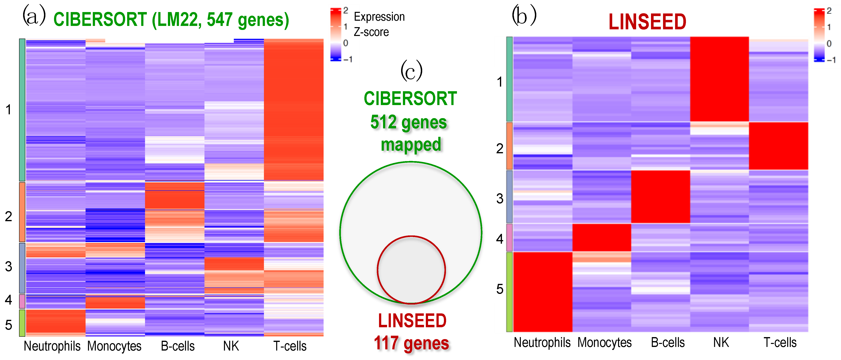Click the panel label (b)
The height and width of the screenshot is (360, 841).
[x=524, y=15]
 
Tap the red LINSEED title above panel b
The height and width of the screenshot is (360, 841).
[x=647, y=22]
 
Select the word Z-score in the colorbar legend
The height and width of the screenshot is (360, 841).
[x=371, y=32]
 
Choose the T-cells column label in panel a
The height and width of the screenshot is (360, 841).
[x=290, y=346]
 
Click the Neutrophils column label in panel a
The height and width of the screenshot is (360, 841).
[x=52, y=346]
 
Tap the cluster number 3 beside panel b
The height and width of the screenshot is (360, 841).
[x=500, y=198]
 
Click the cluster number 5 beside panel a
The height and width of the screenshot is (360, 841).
[x=8, y=325]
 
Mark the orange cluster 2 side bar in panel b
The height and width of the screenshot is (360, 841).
[x=509, y=146]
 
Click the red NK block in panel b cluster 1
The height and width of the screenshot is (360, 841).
[x=719, y=79]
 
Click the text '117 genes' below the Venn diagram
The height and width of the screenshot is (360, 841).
[x=411, y=343]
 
